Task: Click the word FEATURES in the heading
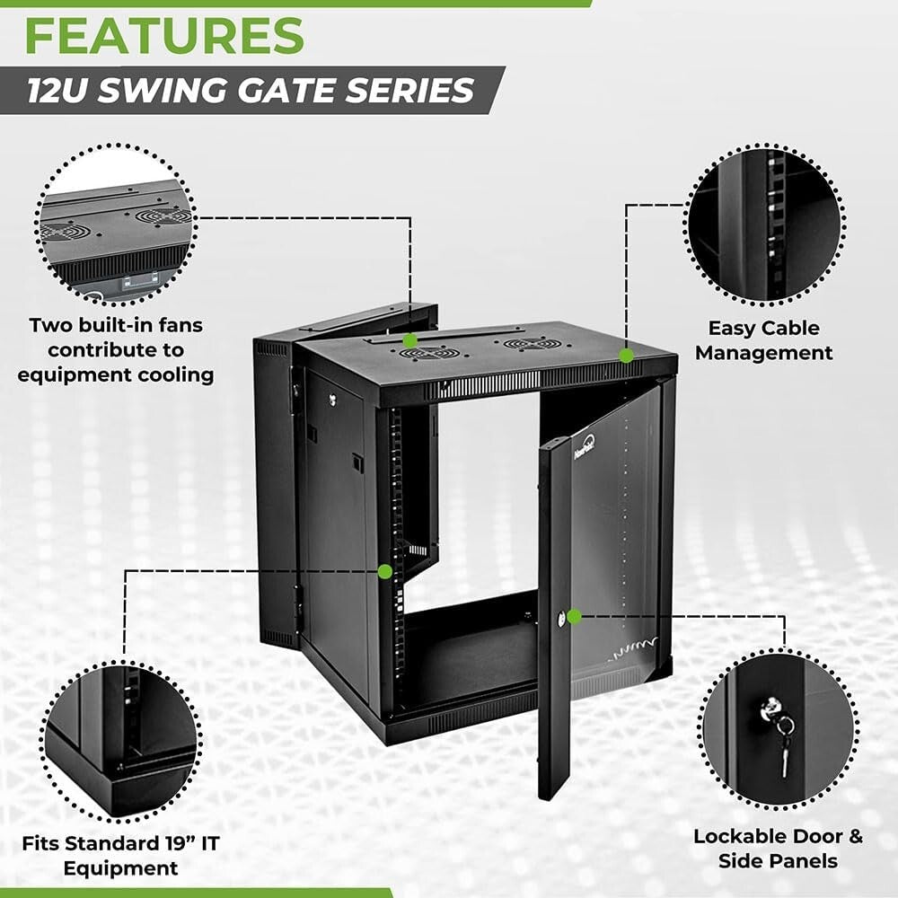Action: point(164,35)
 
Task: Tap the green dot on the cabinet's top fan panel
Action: point(409,340)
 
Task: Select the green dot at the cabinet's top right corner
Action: point(626,356)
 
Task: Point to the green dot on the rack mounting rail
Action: point(385,570)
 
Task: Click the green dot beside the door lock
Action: point(575,616)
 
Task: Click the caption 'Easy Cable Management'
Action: point(764,340)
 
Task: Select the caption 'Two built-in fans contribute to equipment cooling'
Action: point(116,349)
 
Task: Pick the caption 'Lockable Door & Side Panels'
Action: point(778,849)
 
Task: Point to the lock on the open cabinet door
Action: point(561,618)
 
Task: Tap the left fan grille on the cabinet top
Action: point(427,353)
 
